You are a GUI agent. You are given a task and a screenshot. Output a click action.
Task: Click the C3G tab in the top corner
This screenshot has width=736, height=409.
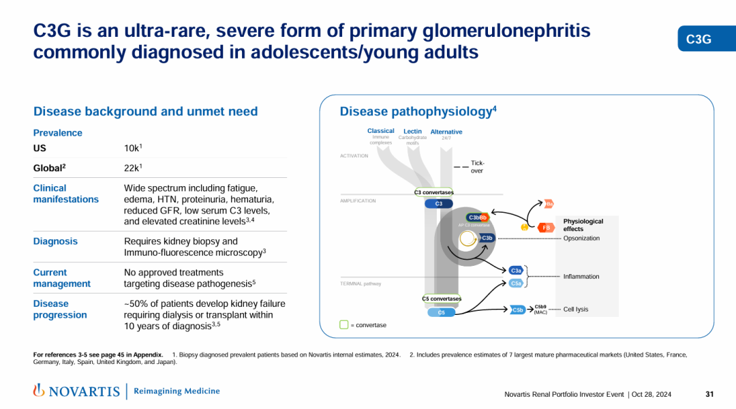[699, 40]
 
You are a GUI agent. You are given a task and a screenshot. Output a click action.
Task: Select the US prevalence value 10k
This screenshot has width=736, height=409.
[132, 147]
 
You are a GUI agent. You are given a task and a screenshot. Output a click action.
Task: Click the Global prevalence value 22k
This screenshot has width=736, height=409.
[132, 167]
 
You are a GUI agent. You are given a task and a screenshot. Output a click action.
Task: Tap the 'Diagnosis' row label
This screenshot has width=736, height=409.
[55, 241]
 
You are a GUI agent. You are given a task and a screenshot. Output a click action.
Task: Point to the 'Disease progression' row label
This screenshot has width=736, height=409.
[60, 309]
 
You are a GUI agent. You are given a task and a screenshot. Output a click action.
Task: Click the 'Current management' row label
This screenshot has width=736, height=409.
[61, 277]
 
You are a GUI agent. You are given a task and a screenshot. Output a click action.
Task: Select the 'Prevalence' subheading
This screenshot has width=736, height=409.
[57, 133]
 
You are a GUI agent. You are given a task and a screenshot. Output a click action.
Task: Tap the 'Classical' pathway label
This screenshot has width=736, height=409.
[380, 131]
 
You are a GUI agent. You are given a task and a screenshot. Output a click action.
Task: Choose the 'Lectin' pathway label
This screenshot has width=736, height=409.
[412, 132]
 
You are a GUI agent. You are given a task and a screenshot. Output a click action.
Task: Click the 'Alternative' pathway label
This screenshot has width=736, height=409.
[446, 132]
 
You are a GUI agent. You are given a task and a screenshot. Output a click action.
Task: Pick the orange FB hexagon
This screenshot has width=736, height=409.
[546, 228]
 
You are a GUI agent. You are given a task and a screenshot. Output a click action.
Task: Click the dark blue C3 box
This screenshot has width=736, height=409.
[439, 204]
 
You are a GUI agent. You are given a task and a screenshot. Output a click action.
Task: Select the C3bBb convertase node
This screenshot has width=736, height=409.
[477, 217]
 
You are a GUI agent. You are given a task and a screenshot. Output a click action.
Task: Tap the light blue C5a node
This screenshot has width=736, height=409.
[516, 284]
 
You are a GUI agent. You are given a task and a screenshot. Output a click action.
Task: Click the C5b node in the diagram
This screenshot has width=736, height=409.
[518, 310]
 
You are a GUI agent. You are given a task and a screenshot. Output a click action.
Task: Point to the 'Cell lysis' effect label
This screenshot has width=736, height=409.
[575, 309]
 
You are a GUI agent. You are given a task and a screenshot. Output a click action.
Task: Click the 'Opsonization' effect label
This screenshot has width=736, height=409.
[581, 239]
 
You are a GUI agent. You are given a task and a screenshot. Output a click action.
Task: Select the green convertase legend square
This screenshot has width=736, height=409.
[344, 325]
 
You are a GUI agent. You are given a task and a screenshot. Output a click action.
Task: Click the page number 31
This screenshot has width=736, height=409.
[709, 394]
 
